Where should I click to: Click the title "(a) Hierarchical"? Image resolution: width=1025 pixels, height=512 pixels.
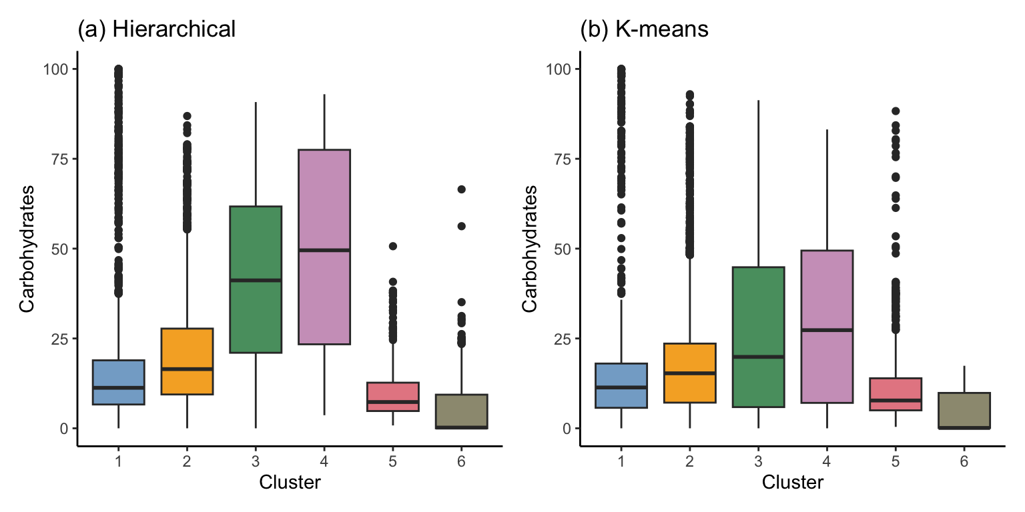157,29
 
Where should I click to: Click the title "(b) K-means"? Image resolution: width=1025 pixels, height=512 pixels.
644,29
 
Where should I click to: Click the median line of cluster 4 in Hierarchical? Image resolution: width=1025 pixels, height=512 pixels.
324,250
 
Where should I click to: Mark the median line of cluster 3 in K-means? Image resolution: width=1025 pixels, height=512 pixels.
757,357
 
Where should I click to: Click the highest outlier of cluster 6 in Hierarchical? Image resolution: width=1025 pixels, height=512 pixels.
461,189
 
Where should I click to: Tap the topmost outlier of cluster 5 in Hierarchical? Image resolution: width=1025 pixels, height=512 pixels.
393,246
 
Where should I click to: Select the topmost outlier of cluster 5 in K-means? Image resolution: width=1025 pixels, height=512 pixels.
896,111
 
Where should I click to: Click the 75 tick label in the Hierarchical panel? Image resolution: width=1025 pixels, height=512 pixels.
60,159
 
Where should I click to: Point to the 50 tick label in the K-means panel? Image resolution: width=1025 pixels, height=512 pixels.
563,249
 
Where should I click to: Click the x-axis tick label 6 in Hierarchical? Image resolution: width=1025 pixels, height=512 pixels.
461,461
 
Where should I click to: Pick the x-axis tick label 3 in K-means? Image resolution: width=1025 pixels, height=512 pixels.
757,461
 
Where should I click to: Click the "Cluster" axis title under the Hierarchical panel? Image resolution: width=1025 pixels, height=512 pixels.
290,483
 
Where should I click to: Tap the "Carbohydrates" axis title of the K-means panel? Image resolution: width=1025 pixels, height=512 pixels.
530,249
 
